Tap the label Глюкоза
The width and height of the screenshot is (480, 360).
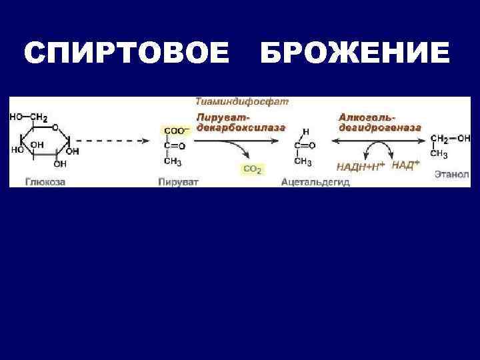45,181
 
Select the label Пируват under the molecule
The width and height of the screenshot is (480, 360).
179,181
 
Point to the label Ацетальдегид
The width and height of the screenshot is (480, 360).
315,181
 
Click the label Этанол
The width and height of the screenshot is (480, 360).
451,175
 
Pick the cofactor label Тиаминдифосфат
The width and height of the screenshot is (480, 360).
242,102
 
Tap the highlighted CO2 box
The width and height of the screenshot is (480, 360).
252,169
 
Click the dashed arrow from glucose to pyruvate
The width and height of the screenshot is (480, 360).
110,141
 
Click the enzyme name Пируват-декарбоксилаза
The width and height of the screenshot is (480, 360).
240,121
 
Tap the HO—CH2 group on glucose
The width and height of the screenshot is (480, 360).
28,117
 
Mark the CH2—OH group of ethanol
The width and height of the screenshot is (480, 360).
450,139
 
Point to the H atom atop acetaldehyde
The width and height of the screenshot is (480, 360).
305,131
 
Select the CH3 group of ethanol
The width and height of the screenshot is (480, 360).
438,153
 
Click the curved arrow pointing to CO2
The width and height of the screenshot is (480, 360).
248,152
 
